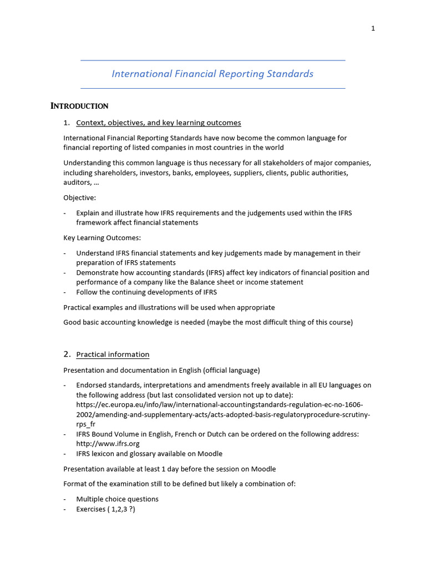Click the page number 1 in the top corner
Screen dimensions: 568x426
[373, 29]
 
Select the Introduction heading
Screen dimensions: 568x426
[79, 106]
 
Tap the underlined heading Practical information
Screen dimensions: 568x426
[113, 354]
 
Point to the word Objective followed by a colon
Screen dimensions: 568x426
[79, 197]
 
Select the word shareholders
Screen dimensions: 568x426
[118, 173]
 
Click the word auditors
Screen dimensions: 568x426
[77, 182]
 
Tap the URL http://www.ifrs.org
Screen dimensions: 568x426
[108, 444]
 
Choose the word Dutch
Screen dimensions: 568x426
[219, 434]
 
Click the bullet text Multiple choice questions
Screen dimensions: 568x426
[117, 499]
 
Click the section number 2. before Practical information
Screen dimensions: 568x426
[67, 354]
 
